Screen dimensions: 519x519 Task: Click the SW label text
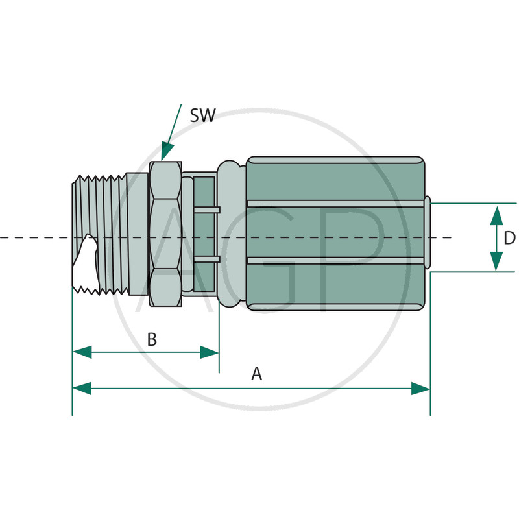tap(202, 116)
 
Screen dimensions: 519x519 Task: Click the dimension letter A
tap(256, 374)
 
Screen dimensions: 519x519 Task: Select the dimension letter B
tap(152, 339)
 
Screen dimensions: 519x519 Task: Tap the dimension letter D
tap(509, 238)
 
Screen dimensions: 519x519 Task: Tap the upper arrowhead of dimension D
tap(496, 215)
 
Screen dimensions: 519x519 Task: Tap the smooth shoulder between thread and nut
tap(138, 234)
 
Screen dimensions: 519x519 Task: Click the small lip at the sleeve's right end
tap(428, 234)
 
